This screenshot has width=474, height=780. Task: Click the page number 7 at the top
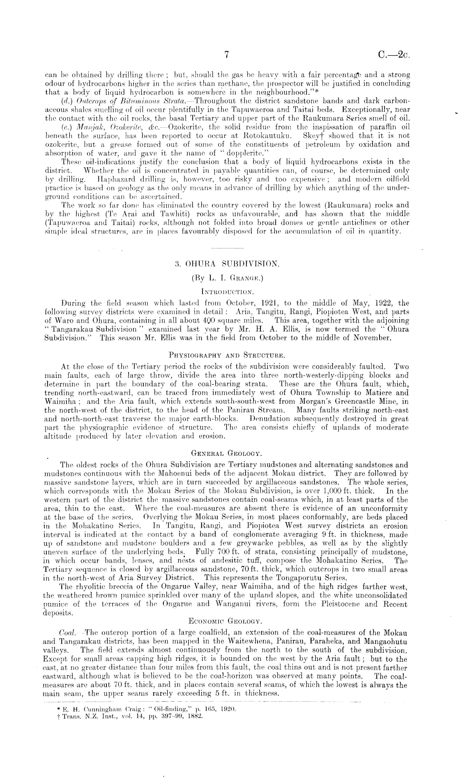[x=227, y=54]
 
